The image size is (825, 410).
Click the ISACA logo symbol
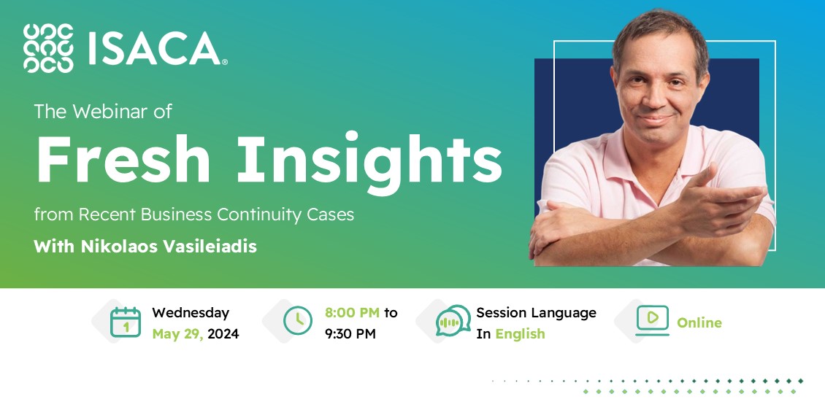[x=48, y=48]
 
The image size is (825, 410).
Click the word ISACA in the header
[x=153, y=48]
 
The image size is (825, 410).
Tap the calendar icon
[x=125, y=322]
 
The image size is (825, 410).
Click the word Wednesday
[x=191, y=312]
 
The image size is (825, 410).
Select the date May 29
[x=177, y=334]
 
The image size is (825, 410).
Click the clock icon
[x=297, y=321]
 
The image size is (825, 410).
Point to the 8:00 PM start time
[x=353, y=312]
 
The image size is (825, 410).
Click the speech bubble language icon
[x=453, y=321]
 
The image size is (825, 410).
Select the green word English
[x=520, y=334]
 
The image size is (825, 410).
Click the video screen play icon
[x=652, y=320]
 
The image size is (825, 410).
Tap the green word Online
[x=699, y=322]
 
